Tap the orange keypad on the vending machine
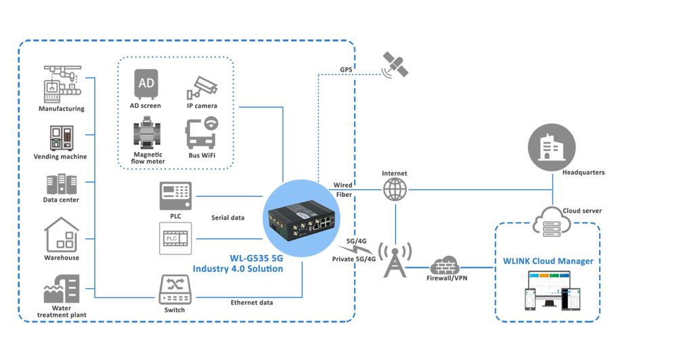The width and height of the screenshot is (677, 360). point(68,134)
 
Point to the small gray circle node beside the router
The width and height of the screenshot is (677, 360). point(395,189)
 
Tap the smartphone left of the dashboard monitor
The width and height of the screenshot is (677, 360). point(530,300)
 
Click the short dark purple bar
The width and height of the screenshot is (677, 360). point(213,262)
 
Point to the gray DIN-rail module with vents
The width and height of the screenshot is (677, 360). point(148,132)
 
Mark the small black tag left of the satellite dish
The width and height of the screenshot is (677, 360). point(347,70)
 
